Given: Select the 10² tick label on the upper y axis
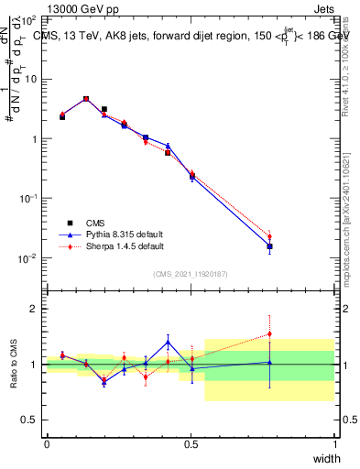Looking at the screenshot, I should pyautogui.click(x=29, y=19).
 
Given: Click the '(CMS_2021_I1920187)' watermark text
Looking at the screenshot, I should pyautogui.click(x=191, y=273).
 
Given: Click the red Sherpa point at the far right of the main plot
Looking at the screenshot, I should pyautogui.click(x=269, y=236).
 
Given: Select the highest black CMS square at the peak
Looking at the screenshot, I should pyautogui.click(x=86, y=99).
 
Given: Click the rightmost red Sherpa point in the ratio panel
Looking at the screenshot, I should pyautogui.click(x=269, y=334).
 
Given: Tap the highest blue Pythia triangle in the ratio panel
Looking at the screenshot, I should pyautogui.click(x=168, y=343).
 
